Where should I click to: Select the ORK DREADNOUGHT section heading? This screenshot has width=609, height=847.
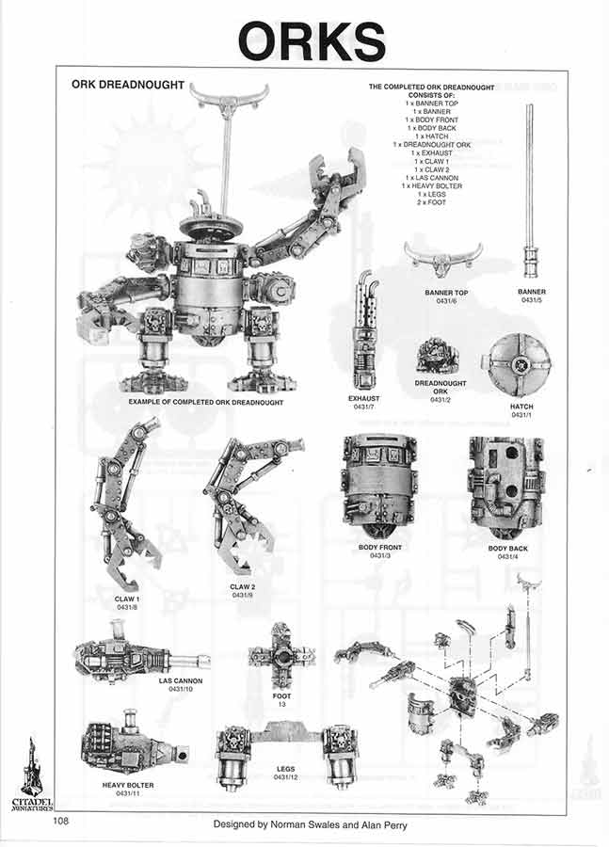coord(128,85)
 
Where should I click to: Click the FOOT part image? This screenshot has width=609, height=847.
coord(281,656)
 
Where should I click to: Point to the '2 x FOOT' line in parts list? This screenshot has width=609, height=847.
coord(435,203)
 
